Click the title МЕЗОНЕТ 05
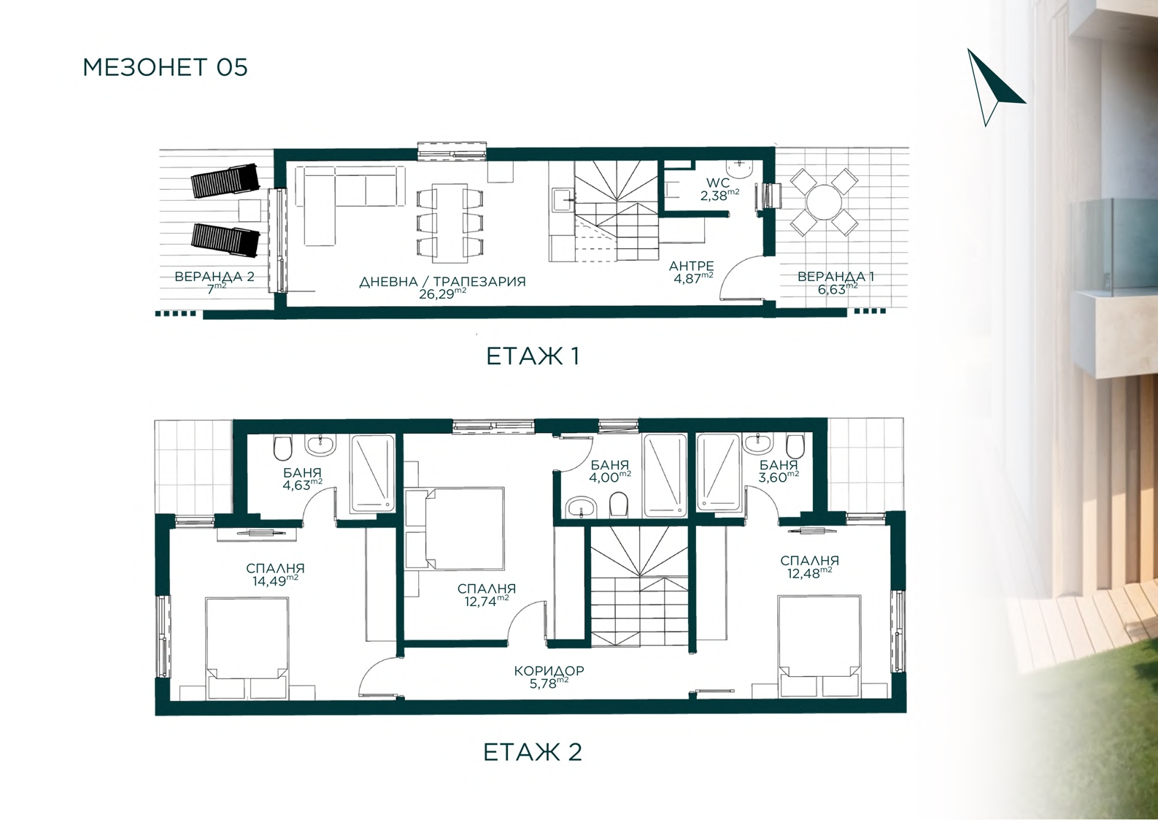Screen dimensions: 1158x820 coord(165,67)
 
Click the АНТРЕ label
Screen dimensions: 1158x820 coord(691,266)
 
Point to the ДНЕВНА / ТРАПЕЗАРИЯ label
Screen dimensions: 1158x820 coord(442,282)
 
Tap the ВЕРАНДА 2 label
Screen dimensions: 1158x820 coord(215,277)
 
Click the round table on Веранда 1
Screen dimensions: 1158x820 coord(825,203)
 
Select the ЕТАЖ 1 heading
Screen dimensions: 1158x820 coord(533,356)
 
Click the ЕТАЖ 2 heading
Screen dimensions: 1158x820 coord(533,752)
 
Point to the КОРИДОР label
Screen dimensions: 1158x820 coord(549,671)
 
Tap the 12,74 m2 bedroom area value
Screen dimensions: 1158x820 coord(486,601)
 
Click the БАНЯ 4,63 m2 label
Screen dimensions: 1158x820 coord(302,478)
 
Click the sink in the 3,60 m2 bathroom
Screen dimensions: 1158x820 coord(757,444)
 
